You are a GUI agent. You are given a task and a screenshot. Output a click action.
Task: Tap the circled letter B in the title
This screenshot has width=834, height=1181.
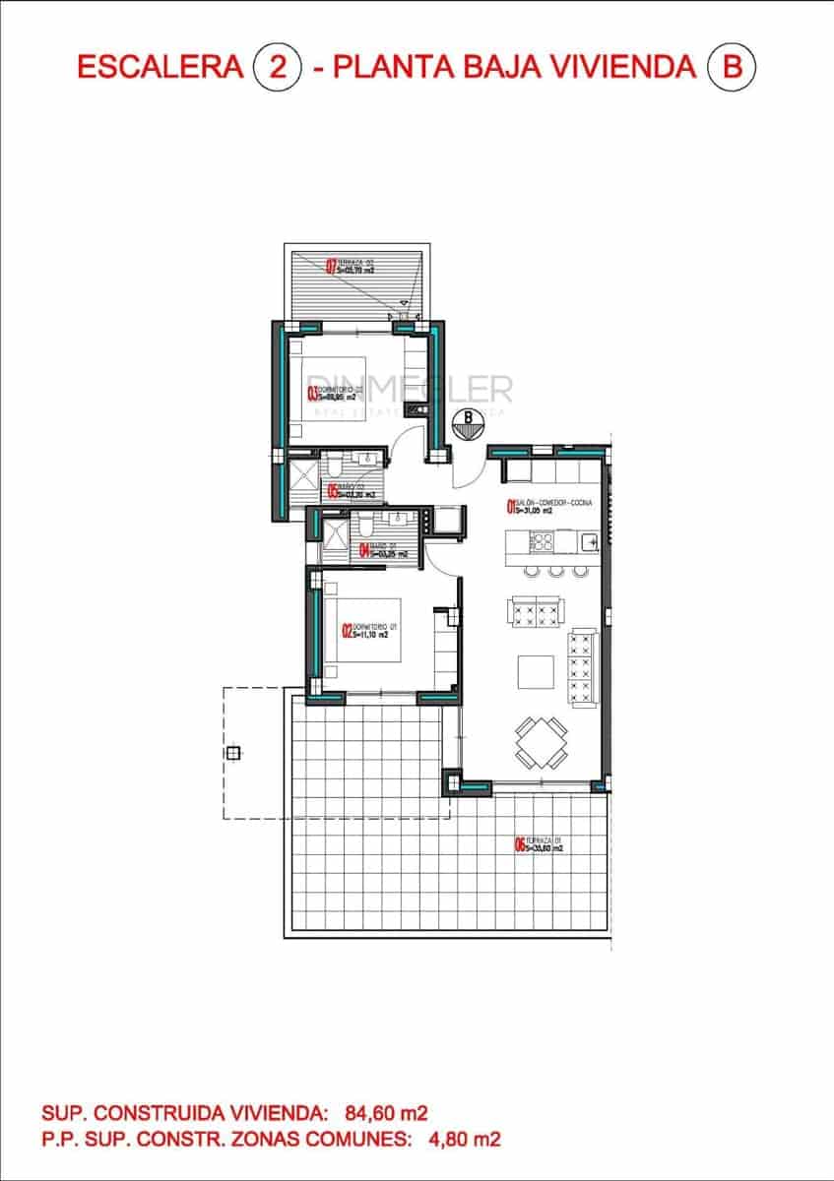(x=731, y=67)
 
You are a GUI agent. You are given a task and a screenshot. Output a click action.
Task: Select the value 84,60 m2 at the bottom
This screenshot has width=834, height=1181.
(x=386, y=1114)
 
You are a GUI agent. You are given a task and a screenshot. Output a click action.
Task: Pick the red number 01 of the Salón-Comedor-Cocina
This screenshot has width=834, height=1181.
(x=510, y=508)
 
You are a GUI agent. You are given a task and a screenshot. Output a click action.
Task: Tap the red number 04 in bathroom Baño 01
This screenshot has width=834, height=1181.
(x=363, y=552)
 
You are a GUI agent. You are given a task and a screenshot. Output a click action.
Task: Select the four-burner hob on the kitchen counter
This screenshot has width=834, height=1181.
(x=542, y=540)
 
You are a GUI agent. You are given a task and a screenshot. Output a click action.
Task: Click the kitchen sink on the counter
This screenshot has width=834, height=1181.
(x=588, y=539)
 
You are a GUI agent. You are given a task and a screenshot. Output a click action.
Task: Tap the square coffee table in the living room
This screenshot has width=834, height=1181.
(x=536, y=672)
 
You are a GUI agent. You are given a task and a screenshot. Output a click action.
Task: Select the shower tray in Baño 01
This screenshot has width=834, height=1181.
(x=336, y=537)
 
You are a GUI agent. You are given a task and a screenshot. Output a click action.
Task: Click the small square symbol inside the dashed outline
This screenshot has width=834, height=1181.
(x=232, y=754)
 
